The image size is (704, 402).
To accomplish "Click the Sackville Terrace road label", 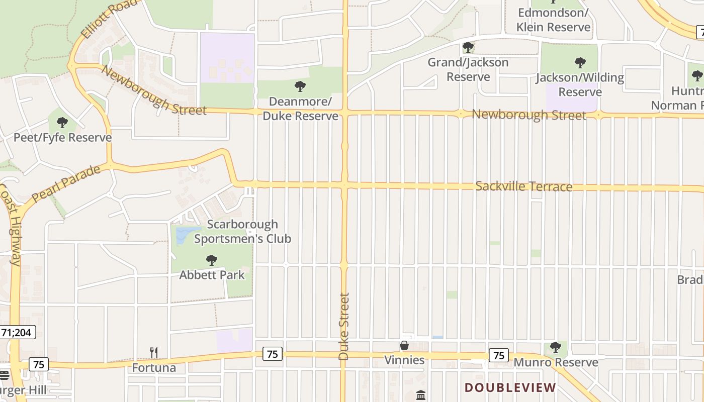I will click(523, 186).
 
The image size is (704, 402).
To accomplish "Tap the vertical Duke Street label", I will click(344, 327).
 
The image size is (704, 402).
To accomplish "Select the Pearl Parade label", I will click(66, 183).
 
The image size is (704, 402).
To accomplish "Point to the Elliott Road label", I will click(109, 19).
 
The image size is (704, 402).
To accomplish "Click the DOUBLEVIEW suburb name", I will click(510, 387).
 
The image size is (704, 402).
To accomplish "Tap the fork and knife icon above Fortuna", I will click(154, 353).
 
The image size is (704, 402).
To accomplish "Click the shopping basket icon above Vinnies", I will click(404, 345).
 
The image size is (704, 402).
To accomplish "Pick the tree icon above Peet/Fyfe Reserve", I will click(62, 122).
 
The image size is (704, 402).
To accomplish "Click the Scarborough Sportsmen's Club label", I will click(242, 231).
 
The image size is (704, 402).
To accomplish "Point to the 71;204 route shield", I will click(18, 332).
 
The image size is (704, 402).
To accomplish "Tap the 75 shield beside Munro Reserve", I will click(498, 356).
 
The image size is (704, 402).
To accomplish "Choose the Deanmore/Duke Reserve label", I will click(300, 109).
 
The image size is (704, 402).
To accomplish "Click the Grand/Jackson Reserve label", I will click(468, 69).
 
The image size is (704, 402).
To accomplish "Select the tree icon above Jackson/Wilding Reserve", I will click(580, 63).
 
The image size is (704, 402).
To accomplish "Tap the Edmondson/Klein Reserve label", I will click(553, 20).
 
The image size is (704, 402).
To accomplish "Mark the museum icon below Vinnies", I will click(421, 395).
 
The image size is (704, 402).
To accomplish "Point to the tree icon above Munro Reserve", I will click(555, 347).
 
